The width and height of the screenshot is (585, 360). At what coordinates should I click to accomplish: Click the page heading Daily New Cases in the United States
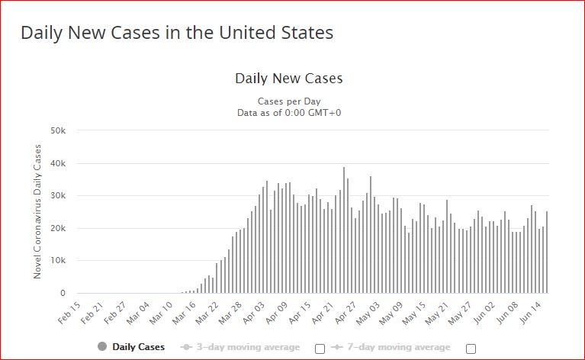[x=176, y=34]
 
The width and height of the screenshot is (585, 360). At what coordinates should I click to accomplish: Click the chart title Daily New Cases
[x=288, y=79]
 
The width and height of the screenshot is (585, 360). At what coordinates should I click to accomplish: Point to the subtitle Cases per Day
[x=288, y=101]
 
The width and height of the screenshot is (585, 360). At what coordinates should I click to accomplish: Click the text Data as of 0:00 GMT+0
[x=288, y=113]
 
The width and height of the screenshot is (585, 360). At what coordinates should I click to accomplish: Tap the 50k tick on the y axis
[x=59, y=131]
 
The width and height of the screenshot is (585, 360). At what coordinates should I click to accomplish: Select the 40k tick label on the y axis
[x=59, y=164]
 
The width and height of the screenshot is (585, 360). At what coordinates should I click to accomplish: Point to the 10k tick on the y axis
[x=59, y=261]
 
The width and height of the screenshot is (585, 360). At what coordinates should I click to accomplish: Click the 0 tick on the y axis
[x=63, y=294]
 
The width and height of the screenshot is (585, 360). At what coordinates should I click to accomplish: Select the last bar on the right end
[x=547, y=252]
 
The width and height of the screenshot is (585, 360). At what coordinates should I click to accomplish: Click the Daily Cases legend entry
[x=131, y=347]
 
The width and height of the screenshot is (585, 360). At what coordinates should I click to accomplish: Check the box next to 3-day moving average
[x=320, y=349]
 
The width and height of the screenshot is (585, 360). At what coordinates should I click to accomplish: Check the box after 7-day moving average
[x=471, y=349]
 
